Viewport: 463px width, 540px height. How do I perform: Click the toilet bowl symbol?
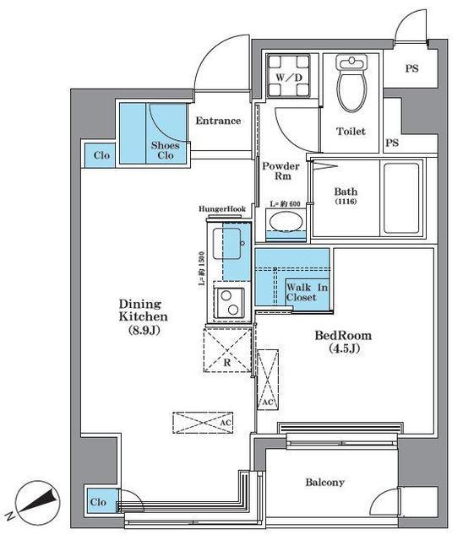[x=351, y=83]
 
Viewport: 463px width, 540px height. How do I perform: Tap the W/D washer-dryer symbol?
[x=289, y=75]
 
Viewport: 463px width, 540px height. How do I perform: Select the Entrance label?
[x=218, y=121]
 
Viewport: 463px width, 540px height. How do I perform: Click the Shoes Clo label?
[x=165, y=150]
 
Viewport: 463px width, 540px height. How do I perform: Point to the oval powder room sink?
[x=286, y=220]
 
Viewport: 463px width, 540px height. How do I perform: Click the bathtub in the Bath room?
[x=401, y=197]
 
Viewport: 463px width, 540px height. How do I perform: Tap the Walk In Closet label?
[x=307, y=292]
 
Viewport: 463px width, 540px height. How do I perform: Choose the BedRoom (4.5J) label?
[x=343, y=342]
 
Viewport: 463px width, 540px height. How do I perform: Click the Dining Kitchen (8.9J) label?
[x=144, y=317]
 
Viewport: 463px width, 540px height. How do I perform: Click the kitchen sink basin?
[x=226, y=244]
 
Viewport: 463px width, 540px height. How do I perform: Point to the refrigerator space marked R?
[x=227, y=350]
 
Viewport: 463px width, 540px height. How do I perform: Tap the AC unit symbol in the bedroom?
[x=268, y=380]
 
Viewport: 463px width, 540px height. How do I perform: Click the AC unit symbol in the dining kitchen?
[x=203, y=422]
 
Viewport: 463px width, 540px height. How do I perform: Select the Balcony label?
[x=324, y=482]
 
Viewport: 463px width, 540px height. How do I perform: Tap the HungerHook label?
[x=222, y=208]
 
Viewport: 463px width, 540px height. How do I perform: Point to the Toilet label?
[x=351, y=131]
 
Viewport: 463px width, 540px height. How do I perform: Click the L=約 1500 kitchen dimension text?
[x=202, y=269]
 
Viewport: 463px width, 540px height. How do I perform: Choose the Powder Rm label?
[x=281, y=170]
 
